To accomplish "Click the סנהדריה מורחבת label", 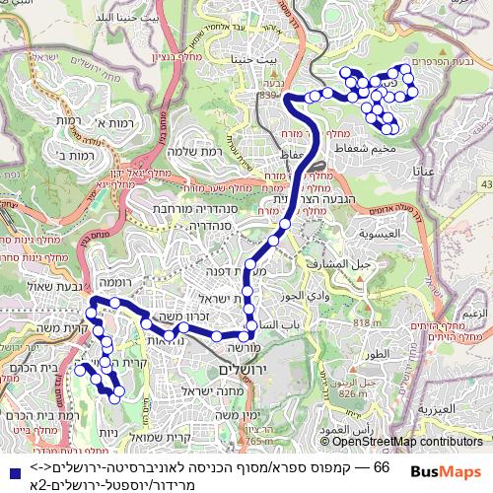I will [x=188, y=210].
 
